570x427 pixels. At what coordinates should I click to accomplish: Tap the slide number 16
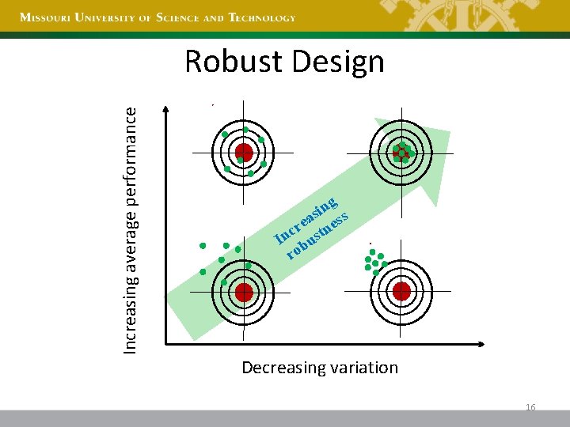pos(530,406)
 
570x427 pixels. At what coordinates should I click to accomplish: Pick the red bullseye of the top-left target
pos(243,152)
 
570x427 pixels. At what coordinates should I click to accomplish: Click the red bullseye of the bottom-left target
pos(243,292)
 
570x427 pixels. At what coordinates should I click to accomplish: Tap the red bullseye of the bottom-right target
pos(401,292)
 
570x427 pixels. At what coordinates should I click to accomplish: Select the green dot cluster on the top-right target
pos(402,152)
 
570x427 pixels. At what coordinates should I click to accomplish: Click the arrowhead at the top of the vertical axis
pos(165,109)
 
